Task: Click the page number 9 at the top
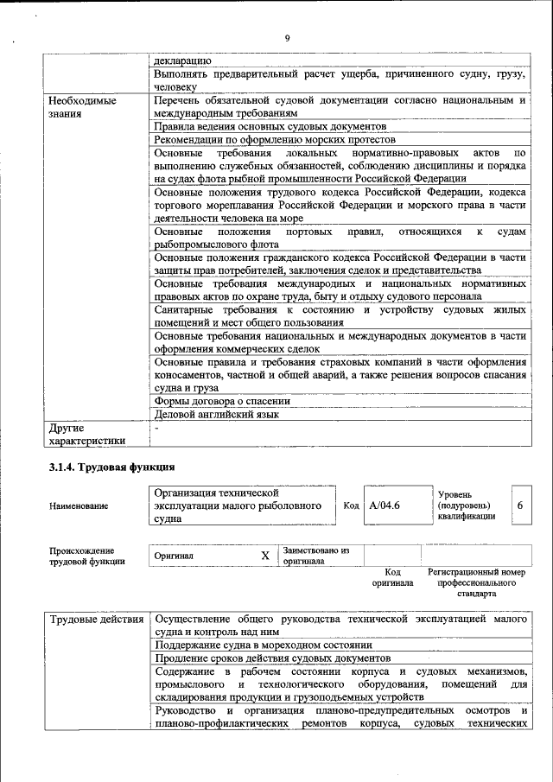(286, 37)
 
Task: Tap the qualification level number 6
(519, 505)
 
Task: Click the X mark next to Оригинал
(265, 556)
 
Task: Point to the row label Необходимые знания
(82, 106)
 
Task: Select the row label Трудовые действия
(96, 620)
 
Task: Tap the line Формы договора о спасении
(221, 401)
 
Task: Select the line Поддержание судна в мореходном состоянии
(263, 645)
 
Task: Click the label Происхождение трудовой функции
(86, 556)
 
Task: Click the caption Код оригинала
(392, 577)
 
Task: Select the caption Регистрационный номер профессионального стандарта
(475, 583)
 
